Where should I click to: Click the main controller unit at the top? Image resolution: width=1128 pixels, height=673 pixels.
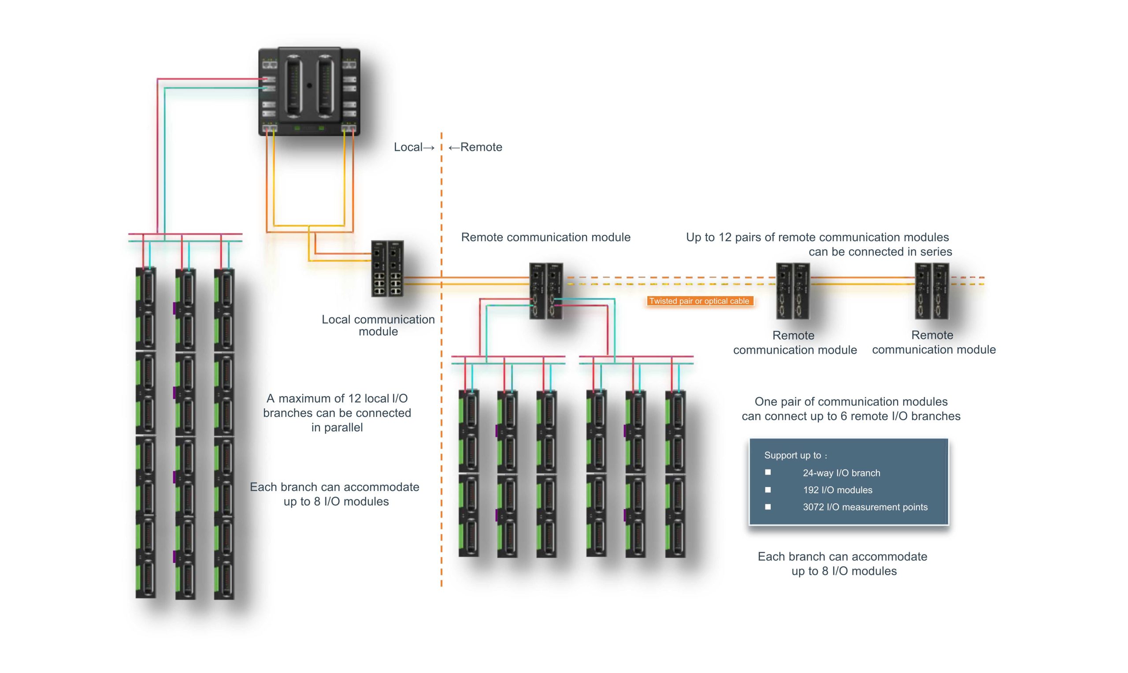pyautogui.click(x=309, y=92)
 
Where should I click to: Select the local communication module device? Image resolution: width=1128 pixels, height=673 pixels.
pyautogui.click(x=387, y=268)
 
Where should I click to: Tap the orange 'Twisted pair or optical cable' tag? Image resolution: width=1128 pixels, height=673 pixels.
pyautogui.click(x=699, y=301)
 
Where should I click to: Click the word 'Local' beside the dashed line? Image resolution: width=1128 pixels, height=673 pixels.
pyautogui.click(x=408, y=147)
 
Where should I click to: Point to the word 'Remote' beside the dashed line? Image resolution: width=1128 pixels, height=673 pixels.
pyautogui.click(x=481, y=147)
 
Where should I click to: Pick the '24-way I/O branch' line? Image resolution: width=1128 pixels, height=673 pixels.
pyautogui.click(x=841, y=473)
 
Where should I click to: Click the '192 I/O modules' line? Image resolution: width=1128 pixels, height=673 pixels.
pyautogui.click(x=837, y=490)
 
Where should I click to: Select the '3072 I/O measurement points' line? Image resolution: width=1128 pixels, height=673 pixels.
pyautogui.click(x=865, y=507)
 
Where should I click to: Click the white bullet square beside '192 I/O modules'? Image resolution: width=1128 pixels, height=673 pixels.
pyautogui.click(x=768, y=490)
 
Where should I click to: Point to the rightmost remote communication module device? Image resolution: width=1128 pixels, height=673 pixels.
pyautogui.click(x=931, y=291)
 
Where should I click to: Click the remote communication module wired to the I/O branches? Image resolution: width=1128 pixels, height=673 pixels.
pyautogui.click(x=546, y=291)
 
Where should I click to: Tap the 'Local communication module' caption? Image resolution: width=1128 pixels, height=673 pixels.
pyautogui.click(x=378, y=326)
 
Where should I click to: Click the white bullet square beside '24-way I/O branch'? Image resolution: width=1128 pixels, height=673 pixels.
pyautogui.click(x=768, y=472)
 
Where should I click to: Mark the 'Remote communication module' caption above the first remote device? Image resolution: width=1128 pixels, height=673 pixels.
pyautogui.click(x=545, y=238)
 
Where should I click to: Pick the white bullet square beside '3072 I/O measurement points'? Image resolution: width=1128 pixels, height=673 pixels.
pyautogui.click(x=768, y=507)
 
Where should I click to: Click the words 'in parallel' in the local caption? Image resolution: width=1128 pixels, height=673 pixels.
pyautogui.click(x=337, y=428)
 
